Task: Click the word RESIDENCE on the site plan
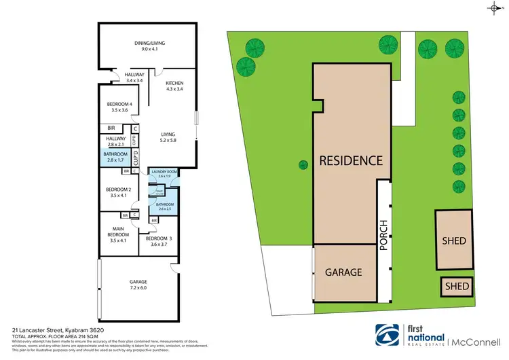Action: (351, 161)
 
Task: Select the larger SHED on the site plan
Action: (453, 240)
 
